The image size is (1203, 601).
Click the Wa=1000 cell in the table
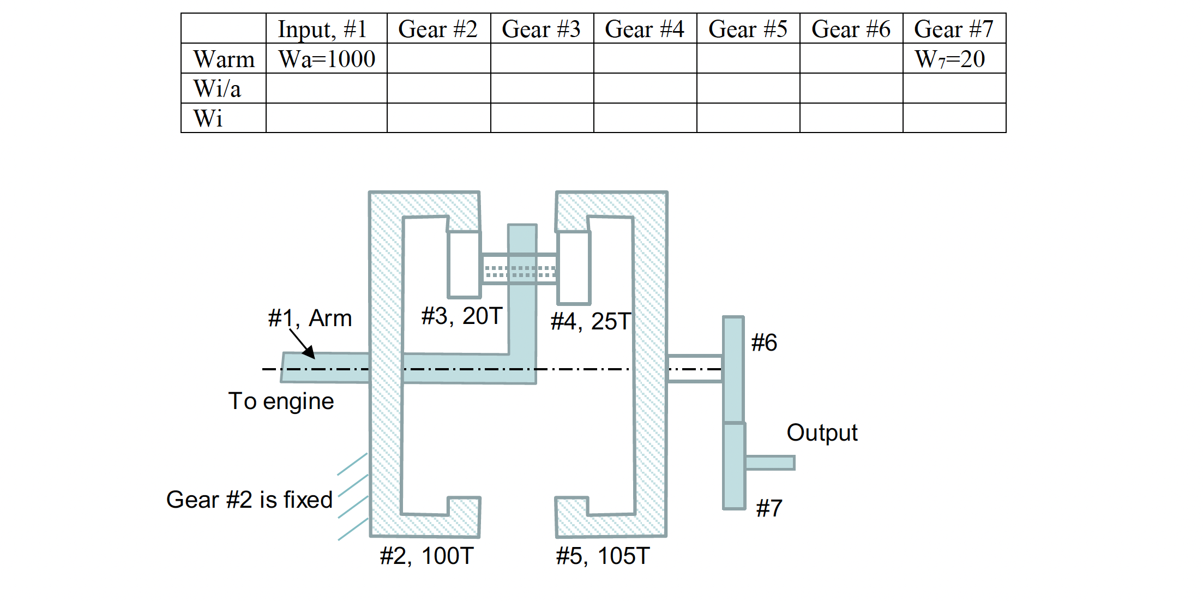pyautogui.click(x=326, y=59)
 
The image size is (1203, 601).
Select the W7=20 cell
pyautogui.click(x=949, y=59)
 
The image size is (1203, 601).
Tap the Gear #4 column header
pyautogui.click(x=644, y=29)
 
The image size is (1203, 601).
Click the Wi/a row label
pyautogui.click(x=217, y=88)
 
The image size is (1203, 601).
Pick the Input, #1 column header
pyautogui.click(x=322, y=29)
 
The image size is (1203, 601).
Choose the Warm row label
pyautogui.click(x=224, y=59)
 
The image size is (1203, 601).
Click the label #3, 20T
pyautogui.click(x=461, y=316)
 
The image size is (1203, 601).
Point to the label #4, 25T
pyautogui.click(x=591, y=321)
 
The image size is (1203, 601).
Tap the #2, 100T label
pyautogui.click(x=426, y=556)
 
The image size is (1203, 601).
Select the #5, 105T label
pyautogui.click(x=603, y=556)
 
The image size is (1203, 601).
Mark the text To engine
pyautogui.click(x=281, y=401)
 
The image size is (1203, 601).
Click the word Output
pyautogui.click(x=821, y=432)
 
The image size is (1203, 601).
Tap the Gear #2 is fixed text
pyautogui.click(x=249, y=500)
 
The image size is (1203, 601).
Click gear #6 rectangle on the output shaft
pyautogui.click(x=733, y=369)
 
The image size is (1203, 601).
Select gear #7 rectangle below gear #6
pyautogui.click(x=733, y=466)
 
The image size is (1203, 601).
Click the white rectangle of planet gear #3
pyautogui.click(x=464, y=265)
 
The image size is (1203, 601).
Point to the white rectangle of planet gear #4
pyautogui.click(x=574, y=267)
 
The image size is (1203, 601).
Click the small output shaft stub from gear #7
pyautogui.click(x=769, y=462)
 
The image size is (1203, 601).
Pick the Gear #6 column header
pyautogui.click(x=851, y=29)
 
